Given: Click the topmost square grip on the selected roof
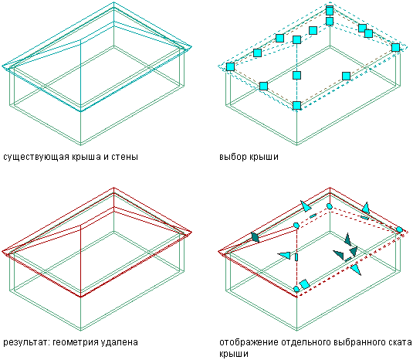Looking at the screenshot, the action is [x=330, y=11].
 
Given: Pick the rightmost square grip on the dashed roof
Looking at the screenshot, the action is [x=395, y=47].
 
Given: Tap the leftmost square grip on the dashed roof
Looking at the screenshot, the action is [x=230, y=66].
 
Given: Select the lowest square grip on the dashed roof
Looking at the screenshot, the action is [x=297, y=105].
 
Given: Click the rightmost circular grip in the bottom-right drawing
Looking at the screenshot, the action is [x=399, y=229].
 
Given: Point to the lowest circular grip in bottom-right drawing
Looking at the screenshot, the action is [x=296, y=289].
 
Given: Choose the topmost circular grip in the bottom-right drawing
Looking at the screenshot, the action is [x=329, y=205].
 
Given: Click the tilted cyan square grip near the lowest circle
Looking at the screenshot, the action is [x=305, y=284].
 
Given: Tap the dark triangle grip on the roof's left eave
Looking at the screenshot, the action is [x=256, y=237].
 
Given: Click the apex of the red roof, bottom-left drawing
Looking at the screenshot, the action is [x=113, y=188].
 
